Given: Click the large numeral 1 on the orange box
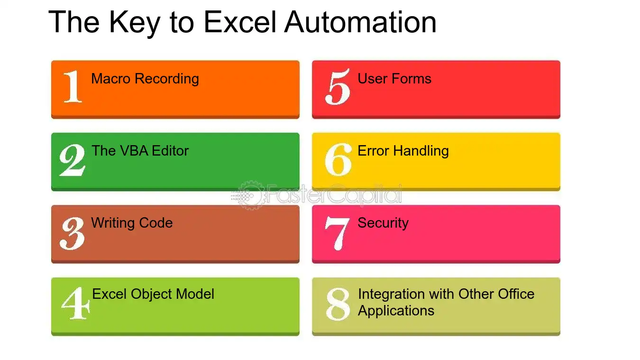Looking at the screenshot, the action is [x=73, y=86].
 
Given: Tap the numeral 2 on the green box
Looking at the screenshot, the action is [x=72, y=160].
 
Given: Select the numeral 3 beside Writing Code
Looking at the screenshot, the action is [x=72, y=233].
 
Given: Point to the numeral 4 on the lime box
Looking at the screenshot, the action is [x=76, y=303].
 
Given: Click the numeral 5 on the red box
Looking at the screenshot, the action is [x=338, y=87].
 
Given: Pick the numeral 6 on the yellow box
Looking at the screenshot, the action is [x=338, y=159].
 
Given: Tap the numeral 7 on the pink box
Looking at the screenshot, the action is [x=337, y=233].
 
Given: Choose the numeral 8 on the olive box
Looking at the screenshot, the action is [x=338, y=304].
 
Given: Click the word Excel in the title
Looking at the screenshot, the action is [x=240, y=22].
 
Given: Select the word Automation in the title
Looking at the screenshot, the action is [x=360, y=22].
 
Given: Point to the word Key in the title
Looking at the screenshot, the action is [x=134, y=23].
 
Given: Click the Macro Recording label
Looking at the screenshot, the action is [x=145, y=79].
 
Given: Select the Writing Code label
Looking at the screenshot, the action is [x=132, y=223].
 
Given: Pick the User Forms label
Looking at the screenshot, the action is [x=394, y=78].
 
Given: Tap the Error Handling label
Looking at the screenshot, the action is [x=403, y=151].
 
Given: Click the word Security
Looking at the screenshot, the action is [x=383, y=223].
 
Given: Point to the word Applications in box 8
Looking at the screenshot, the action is [x=396, y=311].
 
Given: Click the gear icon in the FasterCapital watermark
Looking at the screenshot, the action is [x=250, y=195].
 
